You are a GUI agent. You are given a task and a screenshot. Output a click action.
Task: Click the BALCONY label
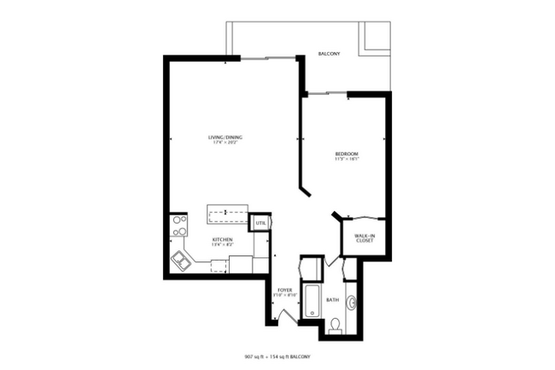329,54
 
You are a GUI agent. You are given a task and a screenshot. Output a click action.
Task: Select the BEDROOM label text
346,154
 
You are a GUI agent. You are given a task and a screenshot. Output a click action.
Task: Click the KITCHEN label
224,240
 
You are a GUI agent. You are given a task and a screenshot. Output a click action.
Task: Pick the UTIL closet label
260,222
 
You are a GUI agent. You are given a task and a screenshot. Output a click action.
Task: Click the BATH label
331,300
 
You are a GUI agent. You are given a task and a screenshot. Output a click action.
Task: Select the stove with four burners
179,225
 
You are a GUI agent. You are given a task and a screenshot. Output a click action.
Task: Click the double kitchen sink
182,261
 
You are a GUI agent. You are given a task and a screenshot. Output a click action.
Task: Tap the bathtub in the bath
311,300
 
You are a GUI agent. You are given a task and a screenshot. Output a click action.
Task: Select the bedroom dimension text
346,159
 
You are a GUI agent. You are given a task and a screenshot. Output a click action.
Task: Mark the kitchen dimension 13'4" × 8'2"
224,245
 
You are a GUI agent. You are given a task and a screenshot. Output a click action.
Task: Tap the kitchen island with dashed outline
227,210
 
